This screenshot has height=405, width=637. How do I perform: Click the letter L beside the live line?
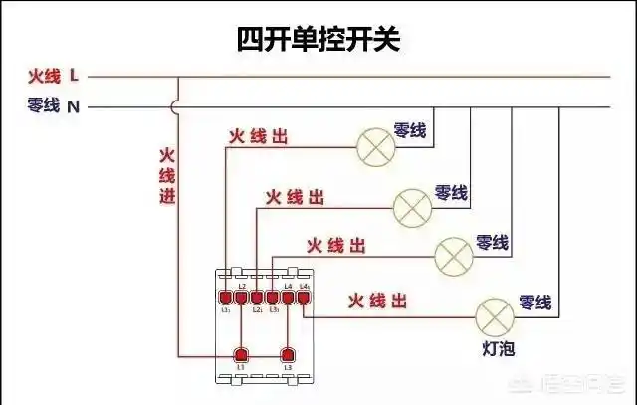tap(76, 76)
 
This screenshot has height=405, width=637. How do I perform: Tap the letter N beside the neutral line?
tap(73, 105)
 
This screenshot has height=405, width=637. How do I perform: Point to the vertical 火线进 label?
tap(167, 176)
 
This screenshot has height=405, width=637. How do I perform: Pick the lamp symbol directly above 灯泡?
tap(494, 316)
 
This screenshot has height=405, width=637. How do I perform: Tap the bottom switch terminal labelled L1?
tap(241, 354)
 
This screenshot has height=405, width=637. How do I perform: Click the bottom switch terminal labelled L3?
tap(288, 354)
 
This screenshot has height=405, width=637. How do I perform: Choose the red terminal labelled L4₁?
tap(304, 296)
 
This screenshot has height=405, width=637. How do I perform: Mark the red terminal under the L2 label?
tap(241, 296)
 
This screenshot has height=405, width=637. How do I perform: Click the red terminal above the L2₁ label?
tap(257, 296)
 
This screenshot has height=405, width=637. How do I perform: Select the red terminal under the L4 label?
tap(288, 296)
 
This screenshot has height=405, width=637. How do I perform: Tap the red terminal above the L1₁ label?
tap(226, 296)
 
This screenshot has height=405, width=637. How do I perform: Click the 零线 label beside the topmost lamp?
tap(410, 129)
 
